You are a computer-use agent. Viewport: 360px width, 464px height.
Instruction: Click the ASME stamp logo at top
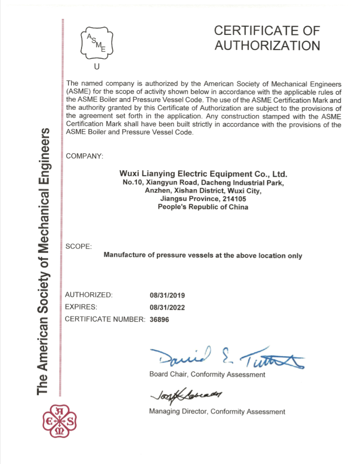96,42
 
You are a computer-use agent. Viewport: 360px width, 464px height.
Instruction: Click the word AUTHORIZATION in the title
267,46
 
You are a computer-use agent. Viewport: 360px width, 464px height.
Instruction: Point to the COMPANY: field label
84,156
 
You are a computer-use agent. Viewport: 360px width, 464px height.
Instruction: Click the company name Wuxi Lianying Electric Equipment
203,174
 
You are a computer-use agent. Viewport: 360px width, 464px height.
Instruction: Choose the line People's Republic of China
203,207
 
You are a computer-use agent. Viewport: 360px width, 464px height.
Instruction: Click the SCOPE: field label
78,247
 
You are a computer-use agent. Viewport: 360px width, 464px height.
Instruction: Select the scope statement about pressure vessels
203,256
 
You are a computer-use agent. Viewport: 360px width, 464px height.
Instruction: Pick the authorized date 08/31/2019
168,295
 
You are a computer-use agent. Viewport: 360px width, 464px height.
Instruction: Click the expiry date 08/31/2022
168,307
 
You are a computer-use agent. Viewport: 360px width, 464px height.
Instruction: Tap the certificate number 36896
160,319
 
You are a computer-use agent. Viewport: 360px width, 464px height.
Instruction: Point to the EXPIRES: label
81,307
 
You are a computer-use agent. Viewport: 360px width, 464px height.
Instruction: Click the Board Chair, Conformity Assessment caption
207,375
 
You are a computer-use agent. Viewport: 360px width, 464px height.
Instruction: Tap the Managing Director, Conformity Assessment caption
217,412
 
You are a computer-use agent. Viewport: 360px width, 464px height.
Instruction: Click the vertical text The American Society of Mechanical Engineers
44,262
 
